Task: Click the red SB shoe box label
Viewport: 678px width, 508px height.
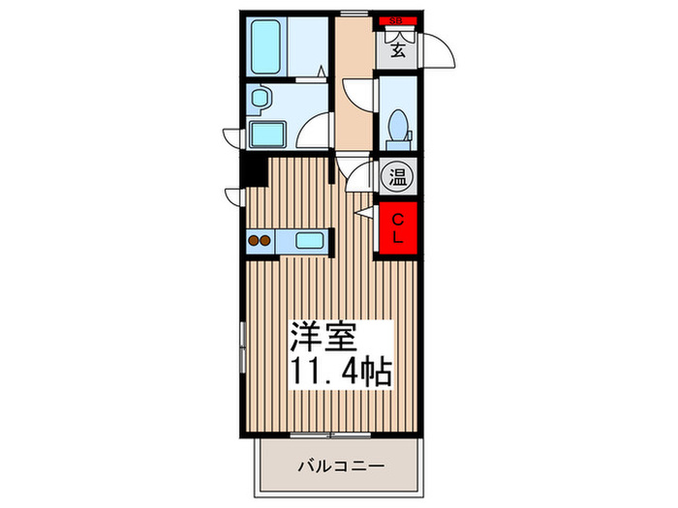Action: (396, 18)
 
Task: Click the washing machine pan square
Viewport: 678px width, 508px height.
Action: (265, 134)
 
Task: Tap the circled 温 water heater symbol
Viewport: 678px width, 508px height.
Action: (397, 176)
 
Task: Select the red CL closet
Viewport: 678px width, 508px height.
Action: (397, 228)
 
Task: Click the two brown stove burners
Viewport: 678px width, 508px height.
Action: (260, 241)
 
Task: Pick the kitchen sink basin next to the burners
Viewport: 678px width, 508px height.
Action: (310, 241)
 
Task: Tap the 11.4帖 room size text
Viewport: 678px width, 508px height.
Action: (341, 372)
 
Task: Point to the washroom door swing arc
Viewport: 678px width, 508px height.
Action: (313, 130)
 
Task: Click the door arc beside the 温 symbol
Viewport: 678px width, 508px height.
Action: (362, 176)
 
